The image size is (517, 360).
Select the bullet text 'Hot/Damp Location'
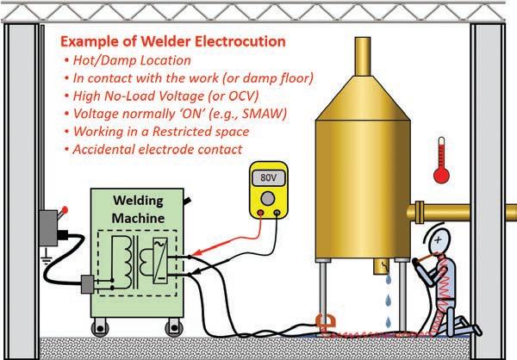pos(129,60)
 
